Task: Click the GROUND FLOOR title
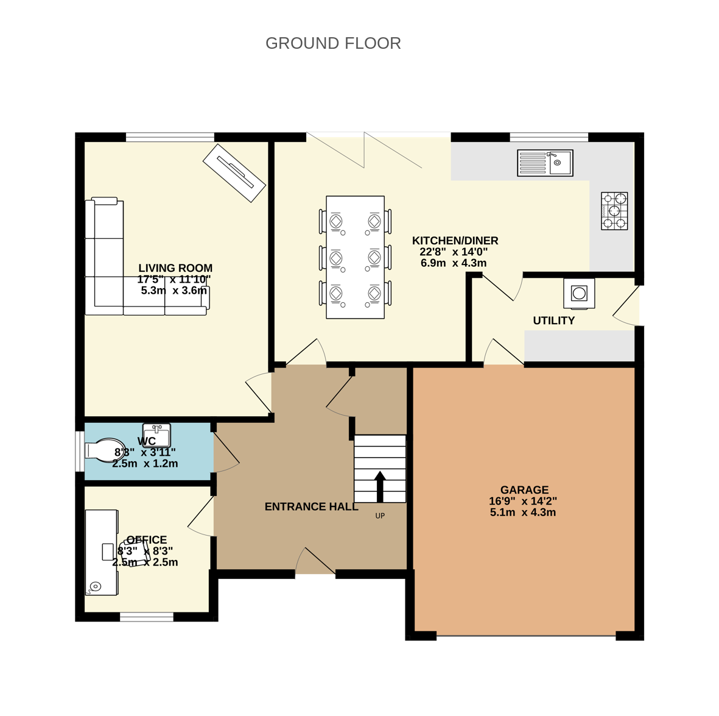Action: (334, 43)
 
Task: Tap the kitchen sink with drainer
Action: (545, 163)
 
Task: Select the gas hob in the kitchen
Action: (614, 211)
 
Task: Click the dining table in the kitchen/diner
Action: (356, 257)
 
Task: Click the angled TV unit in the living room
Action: (234, 173)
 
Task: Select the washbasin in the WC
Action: (157, 435)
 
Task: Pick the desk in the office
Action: (101, 553)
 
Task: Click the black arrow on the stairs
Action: (380, 486)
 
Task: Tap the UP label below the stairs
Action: (380, 516)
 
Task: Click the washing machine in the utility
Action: (579, 293)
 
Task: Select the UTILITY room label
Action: (554, 321)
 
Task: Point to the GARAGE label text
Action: (524, 490)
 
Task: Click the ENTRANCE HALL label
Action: (312, 507)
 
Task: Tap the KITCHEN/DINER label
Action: (455, 241)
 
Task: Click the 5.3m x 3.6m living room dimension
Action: (174, 291)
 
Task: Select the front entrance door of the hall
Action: (315, 561)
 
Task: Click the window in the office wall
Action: (147, 617)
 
